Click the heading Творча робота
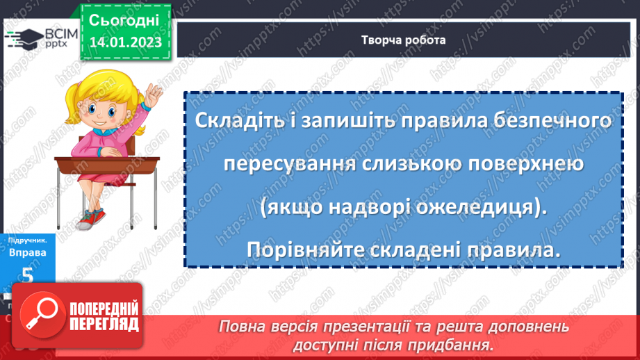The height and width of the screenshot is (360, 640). (x=403, y=40)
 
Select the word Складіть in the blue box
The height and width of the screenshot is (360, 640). (x=236, y=120)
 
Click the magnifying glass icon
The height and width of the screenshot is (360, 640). (x=44, y=316)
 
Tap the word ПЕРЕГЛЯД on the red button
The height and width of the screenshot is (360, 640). (x=105, y=324)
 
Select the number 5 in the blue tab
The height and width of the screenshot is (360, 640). (x=27, y=276)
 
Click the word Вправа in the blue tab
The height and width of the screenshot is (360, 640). (x=28, y=252)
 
